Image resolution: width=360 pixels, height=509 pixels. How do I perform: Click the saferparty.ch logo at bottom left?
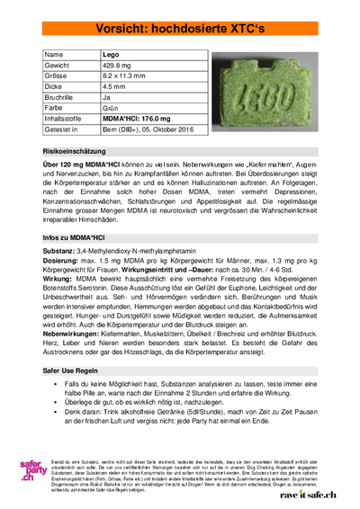point(35,468)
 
